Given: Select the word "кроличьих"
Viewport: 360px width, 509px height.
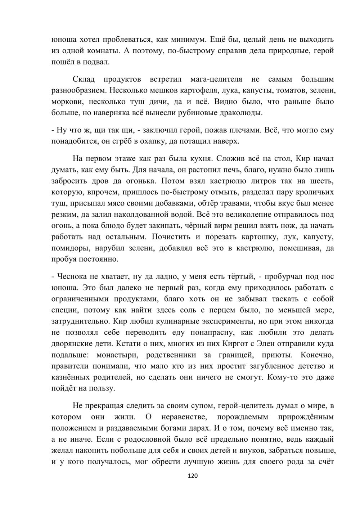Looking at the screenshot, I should tap(314, 192).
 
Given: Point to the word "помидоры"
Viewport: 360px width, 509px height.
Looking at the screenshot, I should tap(71, 249).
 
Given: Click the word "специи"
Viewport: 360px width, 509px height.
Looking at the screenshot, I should tap(63, 310).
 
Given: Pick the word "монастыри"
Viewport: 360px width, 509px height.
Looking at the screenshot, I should tap(117, 355).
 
